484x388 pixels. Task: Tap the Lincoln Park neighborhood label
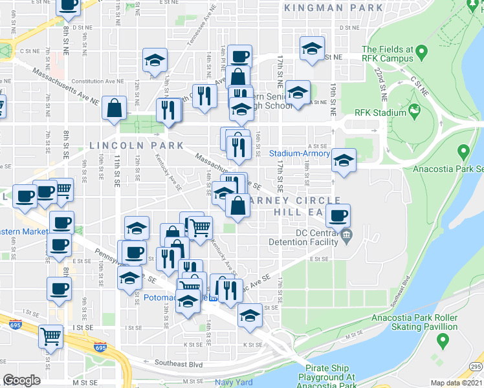[x=137, y=145]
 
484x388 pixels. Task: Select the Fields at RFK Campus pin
[x=421, y=50]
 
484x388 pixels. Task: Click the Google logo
[x=22, y=380]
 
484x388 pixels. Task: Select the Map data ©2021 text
[x=456, y=383]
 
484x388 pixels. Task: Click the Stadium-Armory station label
[x=300, y=154]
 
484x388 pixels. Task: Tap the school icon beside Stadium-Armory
[x=344, y=160]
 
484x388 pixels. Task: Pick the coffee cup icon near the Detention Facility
[x=337, y=215]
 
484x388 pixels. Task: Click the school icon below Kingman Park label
[x=312, y=48]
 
